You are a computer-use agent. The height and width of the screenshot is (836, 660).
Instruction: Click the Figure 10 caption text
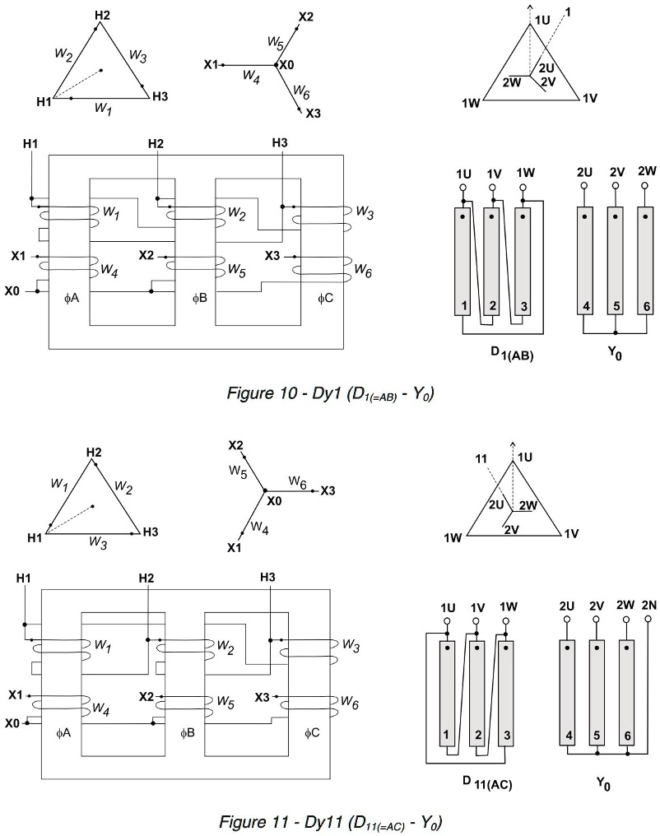(329, 394)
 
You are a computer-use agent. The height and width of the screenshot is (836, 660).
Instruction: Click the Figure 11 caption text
(331, 820)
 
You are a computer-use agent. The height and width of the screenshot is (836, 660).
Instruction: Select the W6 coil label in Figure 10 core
(364, 269)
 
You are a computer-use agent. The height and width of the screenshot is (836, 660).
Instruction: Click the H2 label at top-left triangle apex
(101, 16)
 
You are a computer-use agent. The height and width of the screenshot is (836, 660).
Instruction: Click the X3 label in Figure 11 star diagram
(328, 490)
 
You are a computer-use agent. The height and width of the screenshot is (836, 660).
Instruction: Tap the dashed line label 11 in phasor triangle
(481, 457)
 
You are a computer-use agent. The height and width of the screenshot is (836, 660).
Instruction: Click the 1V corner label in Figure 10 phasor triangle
(589, 98)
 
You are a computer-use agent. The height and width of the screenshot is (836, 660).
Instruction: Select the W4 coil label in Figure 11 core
(101, 706)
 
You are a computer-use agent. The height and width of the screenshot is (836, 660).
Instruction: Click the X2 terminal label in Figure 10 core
(146, 255)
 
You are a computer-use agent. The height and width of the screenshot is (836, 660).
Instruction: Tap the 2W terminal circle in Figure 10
(647, 186)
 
